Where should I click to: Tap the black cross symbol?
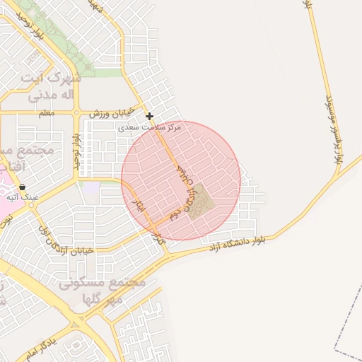(x=149, y=116)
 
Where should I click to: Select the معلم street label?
(x=47, y=113)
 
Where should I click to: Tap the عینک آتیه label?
(x=23, y=197)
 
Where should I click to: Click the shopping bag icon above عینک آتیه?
(x=22, y=187)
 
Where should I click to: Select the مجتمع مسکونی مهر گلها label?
(x=103, y=291)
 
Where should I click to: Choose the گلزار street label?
(x=161, y=240)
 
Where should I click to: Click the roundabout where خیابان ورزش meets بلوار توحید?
(x=76, y=112)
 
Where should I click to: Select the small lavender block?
(x=91, y=188)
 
